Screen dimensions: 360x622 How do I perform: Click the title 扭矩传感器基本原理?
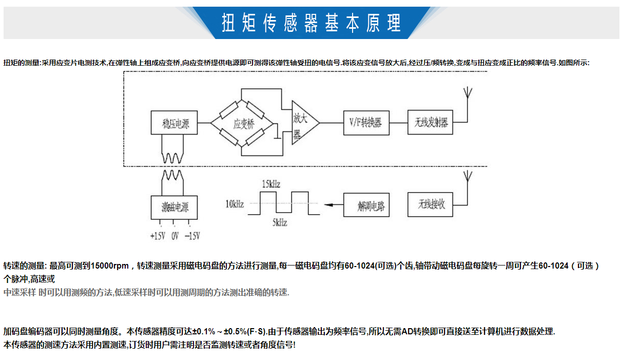click(311, 23)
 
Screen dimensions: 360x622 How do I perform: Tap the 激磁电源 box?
click(174, 207)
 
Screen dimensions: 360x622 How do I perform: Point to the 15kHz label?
click(271, 184)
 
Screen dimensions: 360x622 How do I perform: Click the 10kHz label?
click(235, 204)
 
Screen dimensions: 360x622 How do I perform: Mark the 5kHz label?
click(280, 223)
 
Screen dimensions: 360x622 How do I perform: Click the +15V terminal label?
click(157, 236)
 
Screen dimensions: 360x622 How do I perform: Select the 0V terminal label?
click(174, 236)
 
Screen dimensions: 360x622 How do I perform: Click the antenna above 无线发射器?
click(467, 94)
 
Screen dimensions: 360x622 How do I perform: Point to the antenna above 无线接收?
click(467, 177)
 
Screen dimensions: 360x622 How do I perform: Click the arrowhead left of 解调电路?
click(329, 205)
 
